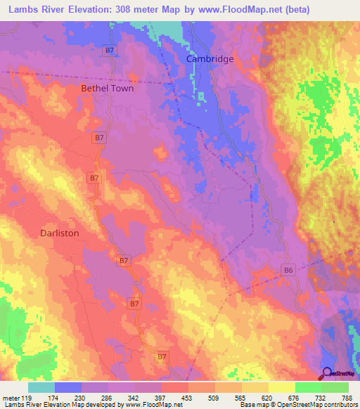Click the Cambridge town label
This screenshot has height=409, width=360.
210,59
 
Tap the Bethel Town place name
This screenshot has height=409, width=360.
107,89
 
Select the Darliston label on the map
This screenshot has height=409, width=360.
59,233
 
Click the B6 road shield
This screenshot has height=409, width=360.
288,269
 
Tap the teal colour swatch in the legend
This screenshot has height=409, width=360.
41,387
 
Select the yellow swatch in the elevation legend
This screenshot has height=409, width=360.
281,387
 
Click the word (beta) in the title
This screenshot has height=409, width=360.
296,9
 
